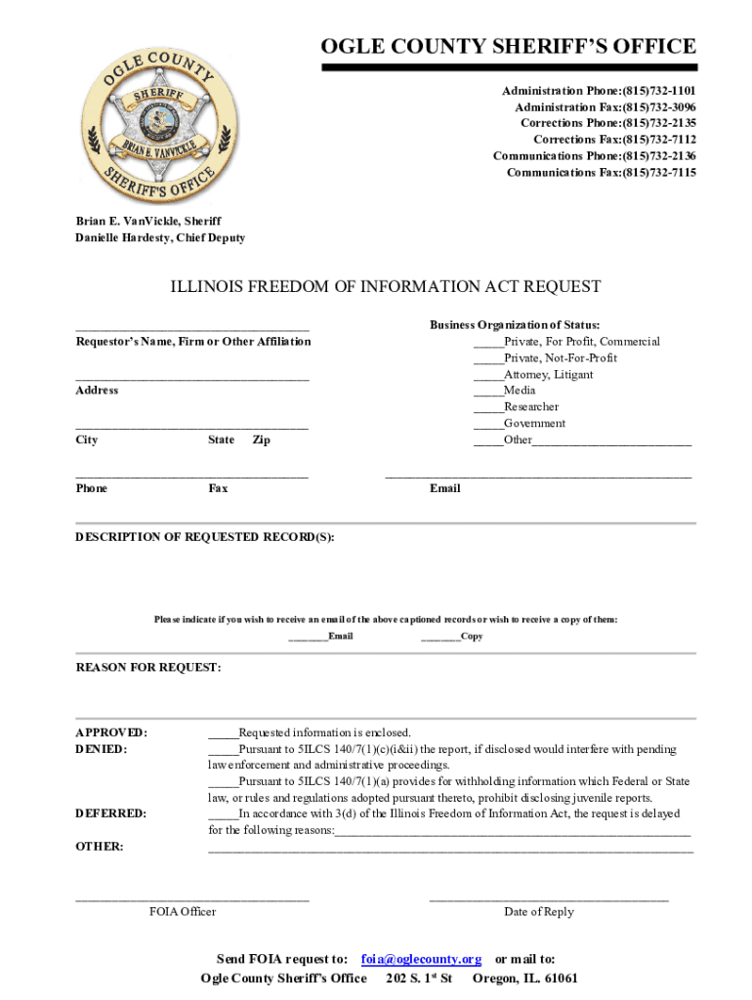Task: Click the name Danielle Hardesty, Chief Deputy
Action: point(160,237)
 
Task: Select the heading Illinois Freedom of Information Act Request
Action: point(386,286)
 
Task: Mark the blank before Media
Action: point(488,391)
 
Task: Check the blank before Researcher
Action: point(488,407)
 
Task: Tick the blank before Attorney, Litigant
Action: point(488,375)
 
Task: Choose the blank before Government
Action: point(488,424)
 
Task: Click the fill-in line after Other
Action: point(612,441)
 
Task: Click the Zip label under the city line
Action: point(261,440)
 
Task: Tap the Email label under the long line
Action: point(444,488)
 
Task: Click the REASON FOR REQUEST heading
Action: point(148,668)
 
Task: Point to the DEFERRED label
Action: point(111,813)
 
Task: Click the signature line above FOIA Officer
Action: point(192,897)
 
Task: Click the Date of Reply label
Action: point(539,912)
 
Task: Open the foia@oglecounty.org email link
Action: point(421,959)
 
